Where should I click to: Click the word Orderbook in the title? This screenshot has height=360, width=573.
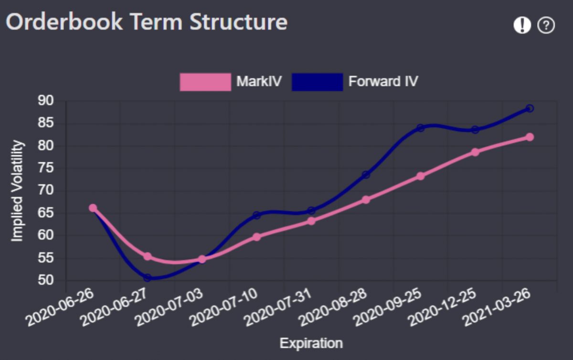(64, 22)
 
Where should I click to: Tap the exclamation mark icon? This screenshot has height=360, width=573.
(522, 25)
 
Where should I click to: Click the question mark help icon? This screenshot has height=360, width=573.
(546, 25)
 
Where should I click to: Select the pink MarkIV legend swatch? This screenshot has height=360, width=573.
(205, 82)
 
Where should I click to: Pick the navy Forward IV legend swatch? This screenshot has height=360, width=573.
(317, 82)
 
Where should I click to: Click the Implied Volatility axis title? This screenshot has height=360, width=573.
(17, 191)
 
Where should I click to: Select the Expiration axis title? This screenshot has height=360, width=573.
(311, 343)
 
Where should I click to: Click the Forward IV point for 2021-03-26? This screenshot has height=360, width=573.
(530, 108)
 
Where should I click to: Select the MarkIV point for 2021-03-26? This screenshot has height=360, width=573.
(530, 137)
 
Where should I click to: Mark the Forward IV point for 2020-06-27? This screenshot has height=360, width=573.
(148, 277)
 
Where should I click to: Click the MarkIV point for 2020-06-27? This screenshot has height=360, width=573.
(148, 256)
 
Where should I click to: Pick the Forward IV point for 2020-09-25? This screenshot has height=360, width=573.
(420, 128)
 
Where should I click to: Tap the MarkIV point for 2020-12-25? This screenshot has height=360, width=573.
(475, 152)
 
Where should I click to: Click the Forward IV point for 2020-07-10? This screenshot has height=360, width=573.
(256, 215)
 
